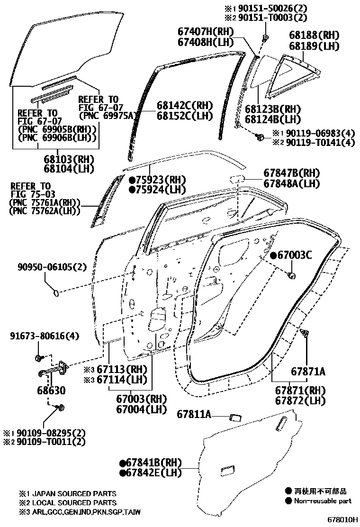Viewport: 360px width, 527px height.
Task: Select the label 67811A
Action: coord(194,414)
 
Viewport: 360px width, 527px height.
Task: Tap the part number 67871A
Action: coord(308,372)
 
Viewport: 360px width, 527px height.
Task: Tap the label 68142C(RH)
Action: coord(185,105)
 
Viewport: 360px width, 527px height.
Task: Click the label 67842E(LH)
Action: coord(154,472)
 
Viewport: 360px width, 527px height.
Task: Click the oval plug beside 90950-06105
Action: coord(56,293)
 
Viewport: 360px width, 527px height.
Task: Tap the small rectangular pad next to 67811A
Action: coord(234,417)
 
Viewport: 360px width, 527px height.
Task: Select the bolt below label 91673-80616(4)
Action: coord(39,356)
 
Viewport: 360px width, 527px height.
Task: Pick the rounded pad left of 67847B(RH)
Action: coord(236,179)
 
